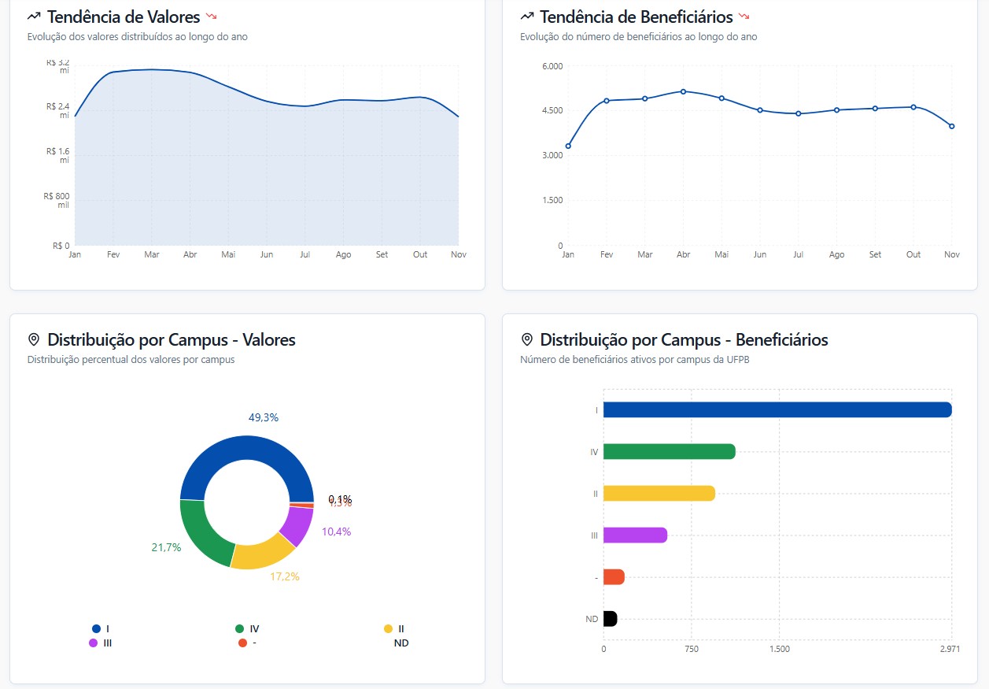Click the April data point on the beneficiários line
coord(683,91)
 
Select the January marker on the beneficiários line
coord(568,146)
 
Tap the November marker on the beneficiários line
coord(952,126)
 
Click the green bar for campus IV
coord(669,451)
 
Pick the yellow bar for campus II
coord(659,493)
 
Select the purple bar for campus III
coord(635,535)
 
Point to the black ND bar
coord(611,619)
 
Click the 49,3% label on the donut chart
coord(264,417)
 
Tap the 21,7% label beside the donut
coord(166,547)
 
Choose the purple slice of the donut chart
coord(297,526)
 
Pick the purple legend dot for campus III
coord(94,643)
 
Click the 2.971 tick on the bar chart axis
coord(950,650)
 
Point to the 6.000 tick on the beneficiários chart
coord(552,66)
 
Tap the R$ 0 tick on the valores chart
coord(61,246)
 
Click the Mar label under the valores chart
coord(151,255)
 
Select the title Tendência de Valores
coord(124,17)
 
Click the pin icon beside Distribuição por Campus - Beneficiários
coord(527,339)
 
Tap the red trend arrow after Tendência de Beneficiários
coord(744,16)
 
